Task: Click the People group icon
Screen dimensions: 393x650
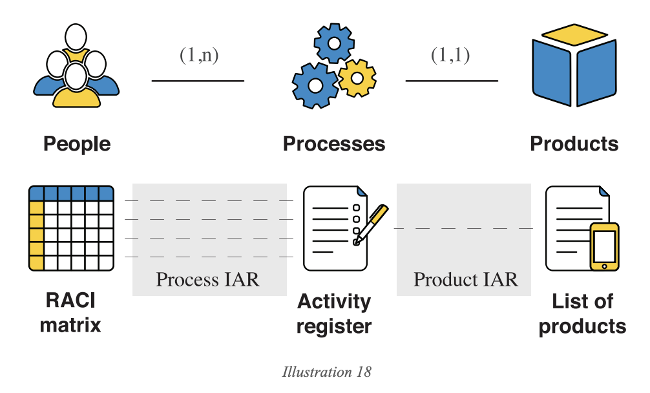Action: [x=76, y=65]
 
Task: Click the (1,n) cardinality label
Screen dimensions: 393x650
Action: [x=199, y=56]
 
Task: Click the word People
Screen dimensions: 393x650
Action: [x=77, y=143]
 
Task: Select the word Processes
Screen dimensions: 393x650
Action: [x=334, y=143]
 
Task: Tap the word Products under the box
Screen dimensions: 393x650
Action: [x=574, y=143]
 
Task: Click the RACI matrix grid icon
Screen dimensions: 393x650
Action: [x=71, y=228]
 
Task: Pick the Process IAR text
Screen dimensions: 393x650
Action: [x=207, y=280]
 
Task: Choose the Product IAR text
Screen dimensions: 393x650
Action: [x=465, y=280]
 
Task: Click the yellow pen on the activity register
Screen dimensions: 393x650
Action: [x=370, y=223]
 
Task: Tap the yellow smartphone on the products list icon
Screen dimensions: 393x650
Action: [x=604, y=246]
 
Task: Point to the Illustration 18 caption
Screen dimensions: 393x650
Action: [x=327, y=372]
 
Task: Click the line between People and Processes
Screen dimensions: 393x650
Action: [x=198, y=81]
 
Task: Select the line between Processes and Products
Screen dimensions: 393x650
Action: [x=452, y=81]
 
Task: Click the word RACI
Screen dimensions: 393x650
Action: [x=70, y=301]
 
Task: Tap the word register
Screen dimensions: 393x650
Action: [x=334, y=326]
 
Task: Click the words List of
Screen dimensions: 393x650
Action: [x=582, y=301]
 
